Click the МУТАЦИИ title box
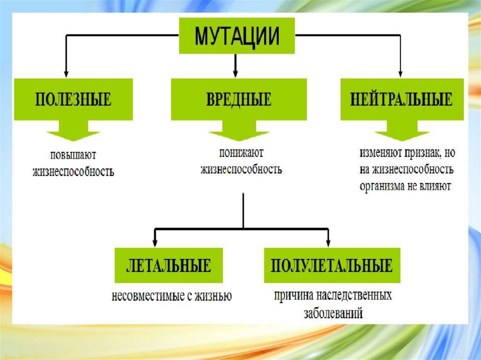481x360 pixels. tap(237, 36)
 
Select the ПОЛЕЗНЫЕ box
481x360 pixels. tap(73, 100)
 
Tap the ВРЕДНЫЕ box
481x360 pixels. tap(239, 100)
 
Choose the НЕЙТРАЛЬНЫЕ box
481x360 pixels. tap(401, 100)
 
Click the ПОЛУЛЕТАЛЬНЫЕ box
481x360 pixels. tap(332, 266)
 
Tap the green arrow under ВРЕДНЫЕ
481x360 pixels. tap(239, 132)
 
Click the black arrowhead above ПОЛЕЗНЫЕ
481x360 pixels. tap(66, 73)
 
